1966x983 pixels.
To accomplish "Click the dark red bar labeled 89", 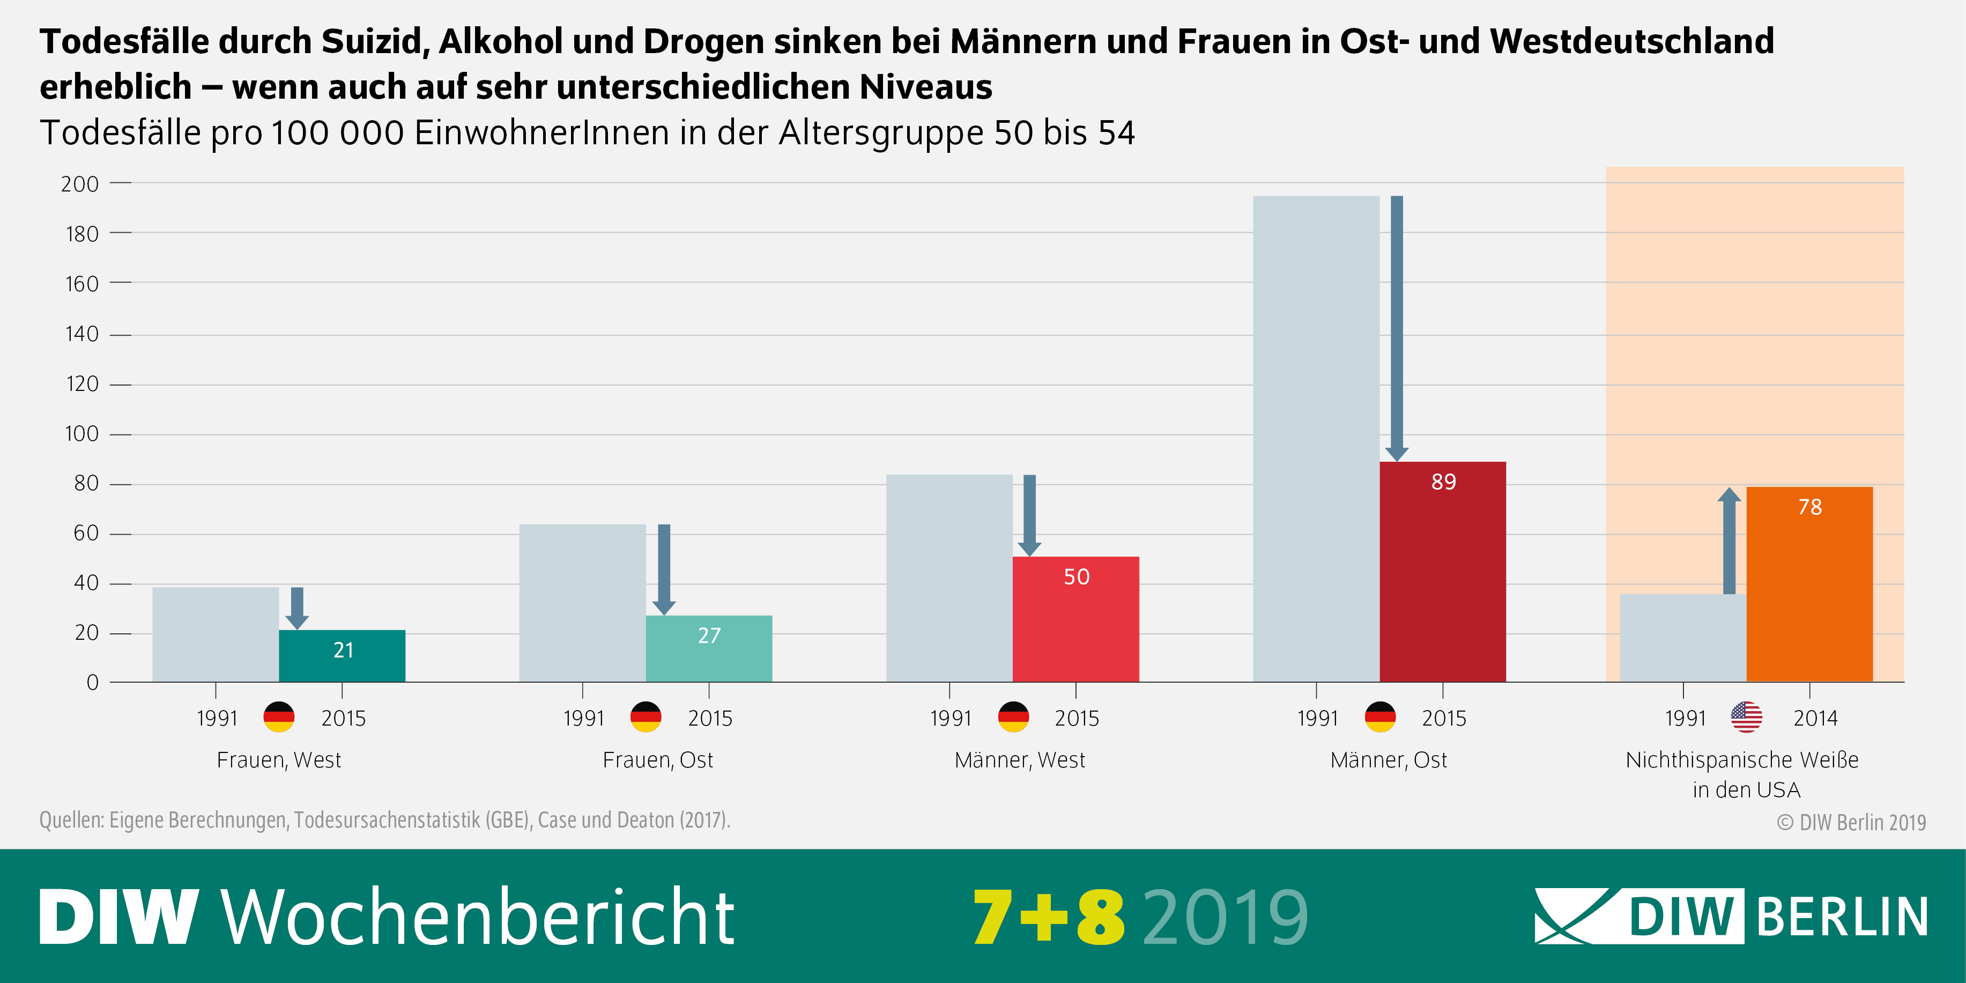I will [1442, 572].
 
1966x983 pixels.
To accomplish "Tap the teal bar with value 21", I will [342, 656].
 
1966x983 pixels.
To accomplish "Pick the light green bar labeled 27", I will [708, 649].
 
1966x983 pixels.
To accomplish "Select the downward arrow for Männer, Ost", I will [1397, 328].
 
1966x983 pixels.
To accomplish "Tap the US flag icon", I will [1746, 718].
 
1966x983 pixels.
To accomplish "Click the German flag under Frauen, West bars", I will [279, 718].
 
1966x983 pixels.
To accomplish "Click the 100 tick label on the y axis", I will [81, 434].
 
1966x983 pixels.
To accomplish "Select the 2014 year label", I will [1815, 718].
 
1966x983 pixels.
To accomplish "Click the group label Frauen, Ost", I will [657, 760].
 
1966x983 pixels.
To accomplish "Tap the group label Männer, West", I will [1020, 760].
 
